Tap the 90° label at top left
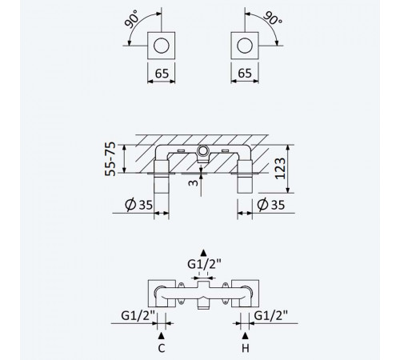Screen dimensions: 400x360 131,18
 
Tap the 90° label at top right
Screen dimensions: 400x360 273,18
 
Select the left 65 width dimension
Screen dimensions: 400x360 162,74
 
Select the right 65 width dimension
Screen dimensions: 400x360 245,74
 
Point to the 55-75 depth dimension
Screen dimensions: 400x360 110,159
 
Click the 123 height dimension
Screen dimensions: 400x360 280,169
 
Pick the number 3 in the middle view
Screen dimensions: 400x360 194,182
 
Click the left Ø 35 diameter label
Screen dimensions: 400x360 138,205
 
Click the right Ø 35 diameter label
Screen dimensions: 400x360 271,205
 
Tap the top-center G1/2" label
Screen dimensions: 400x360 204,264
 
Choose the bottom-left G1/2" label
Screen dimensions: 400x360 138,316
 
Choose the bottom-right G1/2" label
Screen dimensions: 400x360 271,316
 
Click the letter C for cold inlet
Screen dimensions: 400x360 162,348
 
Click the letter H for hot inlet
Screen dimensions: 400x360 245,348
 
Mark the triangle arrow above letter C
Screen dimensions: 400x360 162,335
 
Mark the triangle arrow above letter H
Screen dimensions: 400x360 245,336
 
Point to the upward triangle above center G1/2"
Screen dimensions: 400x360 203,253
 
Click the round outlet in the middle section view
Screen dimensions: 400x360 203,151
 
